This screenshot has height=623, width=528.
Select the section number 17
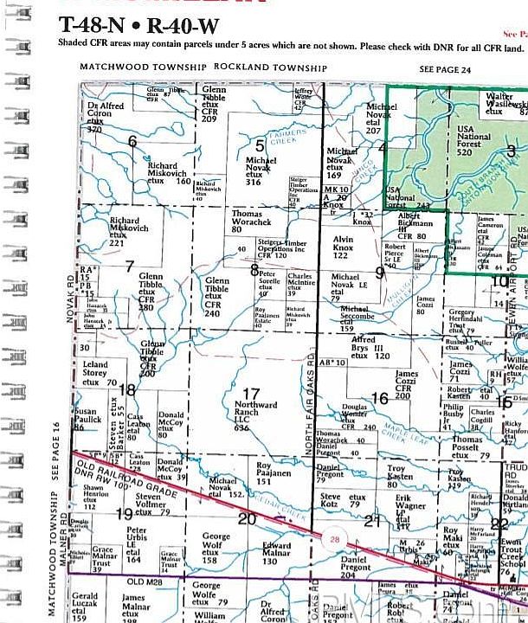(x=251, y=395)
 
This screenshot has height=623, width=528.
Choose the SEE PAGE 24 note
(x=445, y=67)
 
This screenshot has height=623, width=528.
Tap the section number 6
(x=132, y=141)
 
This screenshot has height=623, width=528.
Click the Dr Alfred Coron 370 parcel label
(x=106, y=117)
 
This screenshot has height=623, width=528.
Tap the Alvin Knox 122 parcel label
(x=344, y=247)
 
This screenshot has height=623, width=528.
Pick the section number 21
(x=372, y=520)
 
